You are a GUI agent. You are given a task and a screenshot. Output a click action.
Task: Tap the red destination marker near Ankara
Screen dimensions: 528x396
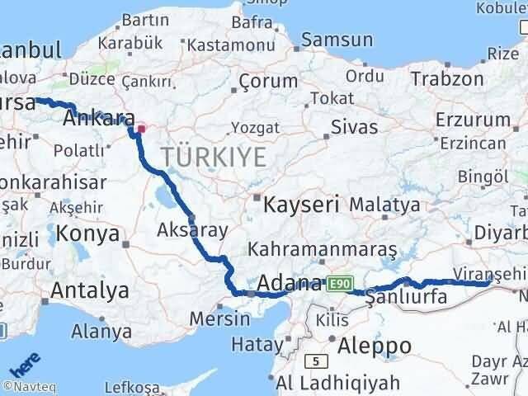(140, 129)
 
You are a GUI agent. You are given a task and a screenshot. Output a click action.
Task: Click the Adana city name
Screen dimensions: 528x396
(289, 285)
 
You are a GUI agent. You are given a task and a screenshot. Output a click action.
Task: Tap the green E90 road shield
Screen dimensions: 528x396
(336, 284)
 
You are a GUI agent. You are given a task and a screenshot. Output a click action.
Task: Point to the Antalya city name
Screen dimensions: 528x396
(90, 290)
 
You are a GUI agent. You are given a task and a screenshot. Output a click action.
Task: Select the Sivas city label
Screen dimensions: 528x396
(354, 128)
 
